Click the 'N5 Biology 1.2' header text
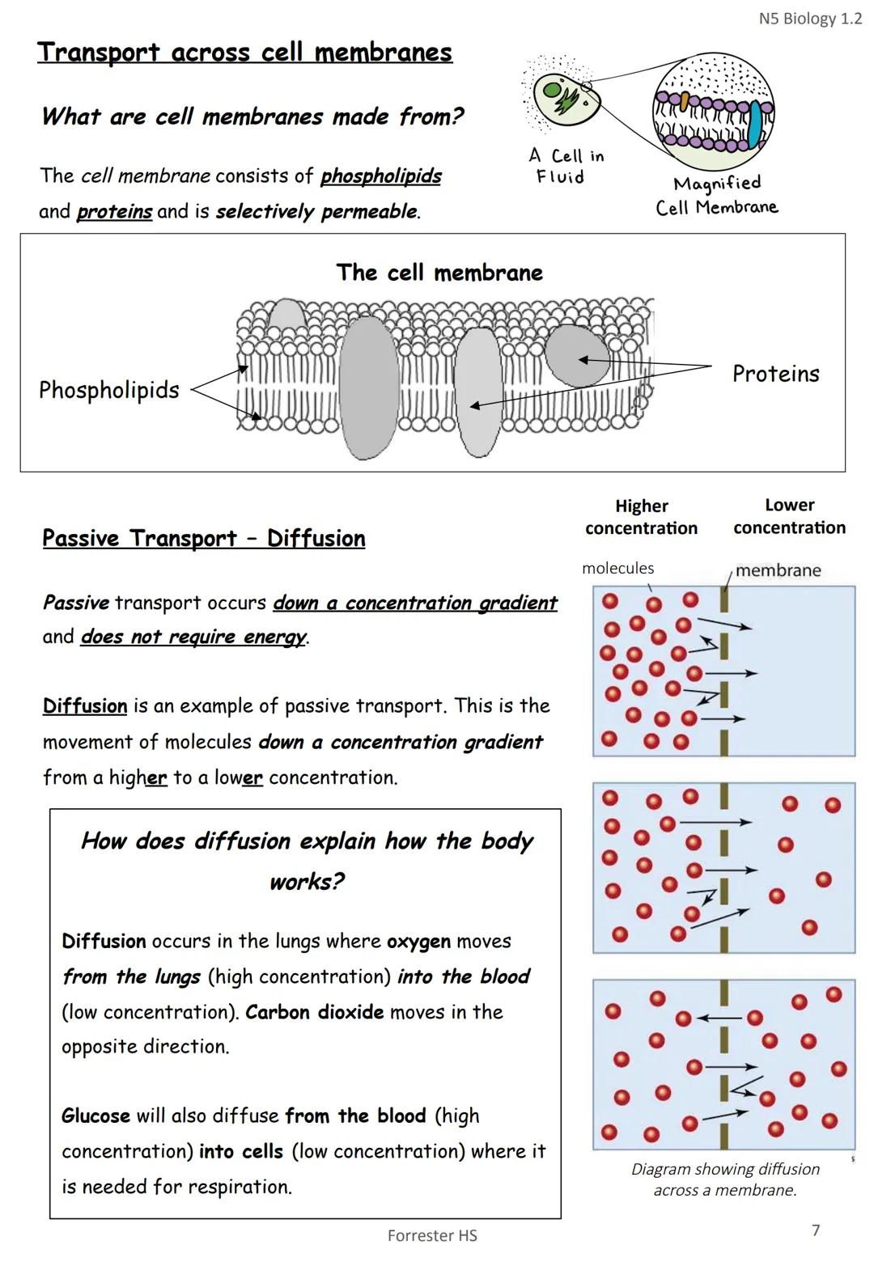point(810,19)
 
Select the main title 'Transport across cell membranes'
point(244,53)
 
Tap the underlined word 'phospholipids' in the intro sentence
point(380,176)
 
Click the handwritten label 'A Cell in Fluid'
point(566,166)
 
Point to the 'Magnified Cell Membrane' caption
point(717,196)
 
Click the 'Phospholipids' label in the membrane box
point(109,390)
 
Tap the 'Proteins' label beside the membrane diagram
point(775,374)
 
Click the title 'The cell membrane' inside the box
point(439,273)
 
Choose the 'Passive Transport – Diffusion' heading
point(203,539)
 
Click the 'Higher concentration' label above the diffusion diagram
point(641,517)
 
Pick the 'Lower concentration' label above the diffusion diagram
point(789,516)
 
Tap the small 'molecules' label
point(617,569)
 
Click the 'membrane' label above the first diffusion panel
point(778,570)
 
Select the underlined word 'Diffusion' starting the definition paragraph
point(85,706)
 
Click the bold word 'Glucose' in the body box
point(95,1116)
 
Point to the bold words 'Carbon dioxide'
point(314,1012)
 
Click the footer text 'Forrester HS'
point(432,1235)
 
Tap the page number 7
point(816,1230)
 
